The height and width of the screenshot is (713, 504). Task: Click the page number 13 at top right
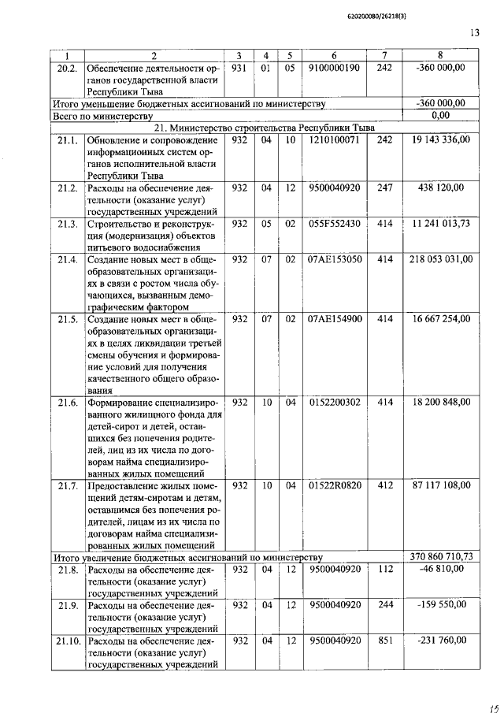tap(473, 33)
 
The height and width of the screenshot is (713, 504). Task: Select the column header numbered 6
tap(335, 56)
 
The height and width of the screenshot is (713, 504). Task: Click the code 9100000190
tap(335, 69)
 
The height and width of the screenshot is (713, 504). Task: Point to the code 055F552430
tap(335, 224)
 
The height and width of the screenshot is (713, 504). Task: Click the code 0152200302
tap(335, 402)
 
